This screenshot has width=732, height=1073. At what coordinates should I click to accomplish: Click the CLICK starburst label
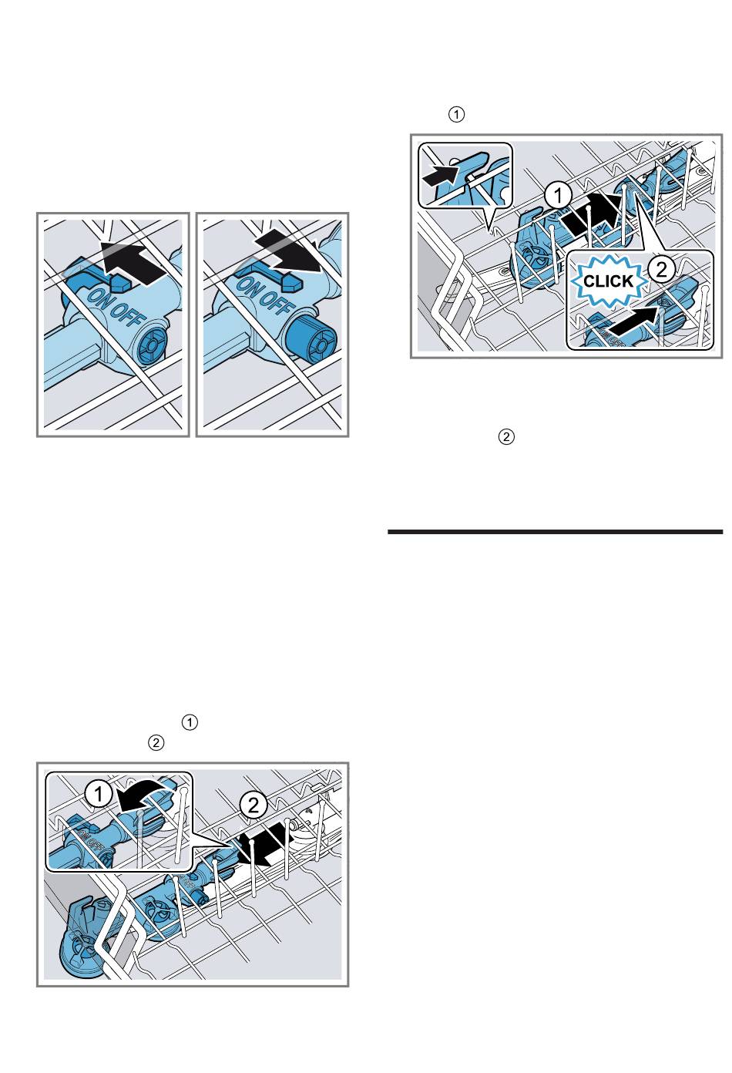[608, 281]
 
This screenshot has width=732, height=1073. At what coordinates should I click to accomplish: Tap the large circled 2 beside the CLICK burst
[661, 270]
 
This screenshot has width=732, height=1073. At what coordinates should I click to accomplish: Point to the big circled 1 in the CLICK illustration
[558, 197]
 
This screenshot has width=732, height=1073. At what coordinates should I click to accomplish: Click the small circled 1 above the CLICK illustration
[456, 115]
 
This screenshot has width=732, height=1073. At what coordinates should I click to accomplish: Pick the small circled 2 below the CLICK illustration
[506, 436]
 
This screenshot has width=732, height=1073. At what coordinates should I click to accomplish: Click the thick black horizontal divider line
[555, 531]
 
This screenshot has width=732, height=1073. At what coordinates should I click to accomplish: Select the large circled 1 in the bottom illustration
[99, 795]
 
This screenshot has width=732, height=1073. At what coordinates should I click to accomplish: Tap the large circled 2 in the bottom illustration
[254, 805]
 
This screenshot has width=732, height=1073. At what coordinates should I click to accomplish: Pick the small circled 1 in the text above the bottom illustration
[190, 722]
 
